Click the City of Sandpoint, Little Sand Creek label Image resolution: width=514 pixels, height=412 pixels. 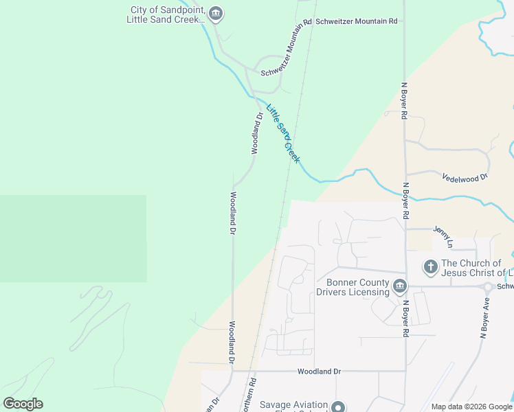[167, 14]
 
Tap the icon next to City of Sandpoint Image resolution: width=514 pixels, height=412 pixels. [216, 14]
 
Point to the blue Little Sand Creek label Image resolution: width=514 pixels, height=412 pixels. [283, 133]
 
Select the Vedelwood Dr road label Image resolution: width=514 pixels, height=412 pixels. [465, 176]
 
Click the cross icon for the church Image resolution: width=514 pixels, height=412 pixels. [431, 266]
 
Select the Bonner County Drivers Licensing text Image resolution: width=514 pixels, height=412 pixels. [353, 287]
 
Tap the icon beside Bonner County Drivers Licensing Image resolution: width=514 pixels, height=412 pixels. [400, 286]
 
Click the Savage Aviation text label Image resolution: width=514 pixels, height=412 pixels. [293, 405]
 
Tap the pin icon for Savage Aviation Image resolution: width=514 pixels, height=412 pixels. [337, 407]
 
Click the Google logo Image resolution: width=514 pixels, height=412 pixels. [23, 404]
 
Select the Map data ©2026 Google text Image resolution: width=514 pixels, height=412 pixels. [472, 407]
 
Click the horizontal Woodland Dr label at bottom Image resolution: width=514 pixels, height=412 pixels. [319, 371]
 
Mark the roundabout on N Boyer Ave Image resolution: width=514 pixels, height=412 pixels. [488, 287]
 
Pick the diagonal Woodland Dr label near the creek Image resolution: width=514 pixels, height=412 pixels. [255, 133]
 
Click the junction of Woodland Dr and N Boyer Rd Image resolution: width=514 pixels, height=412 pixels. [405, 371]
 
